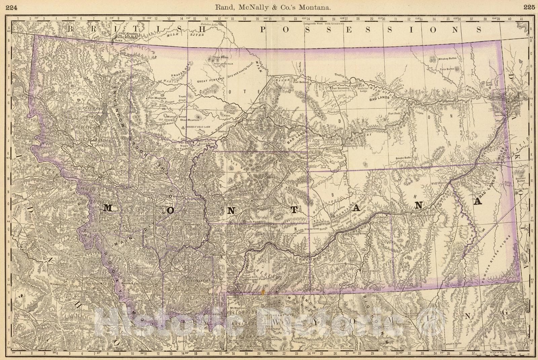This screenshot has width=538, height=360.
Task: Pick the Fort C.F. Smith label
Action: pyautogui.click(x=370, y=271)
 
